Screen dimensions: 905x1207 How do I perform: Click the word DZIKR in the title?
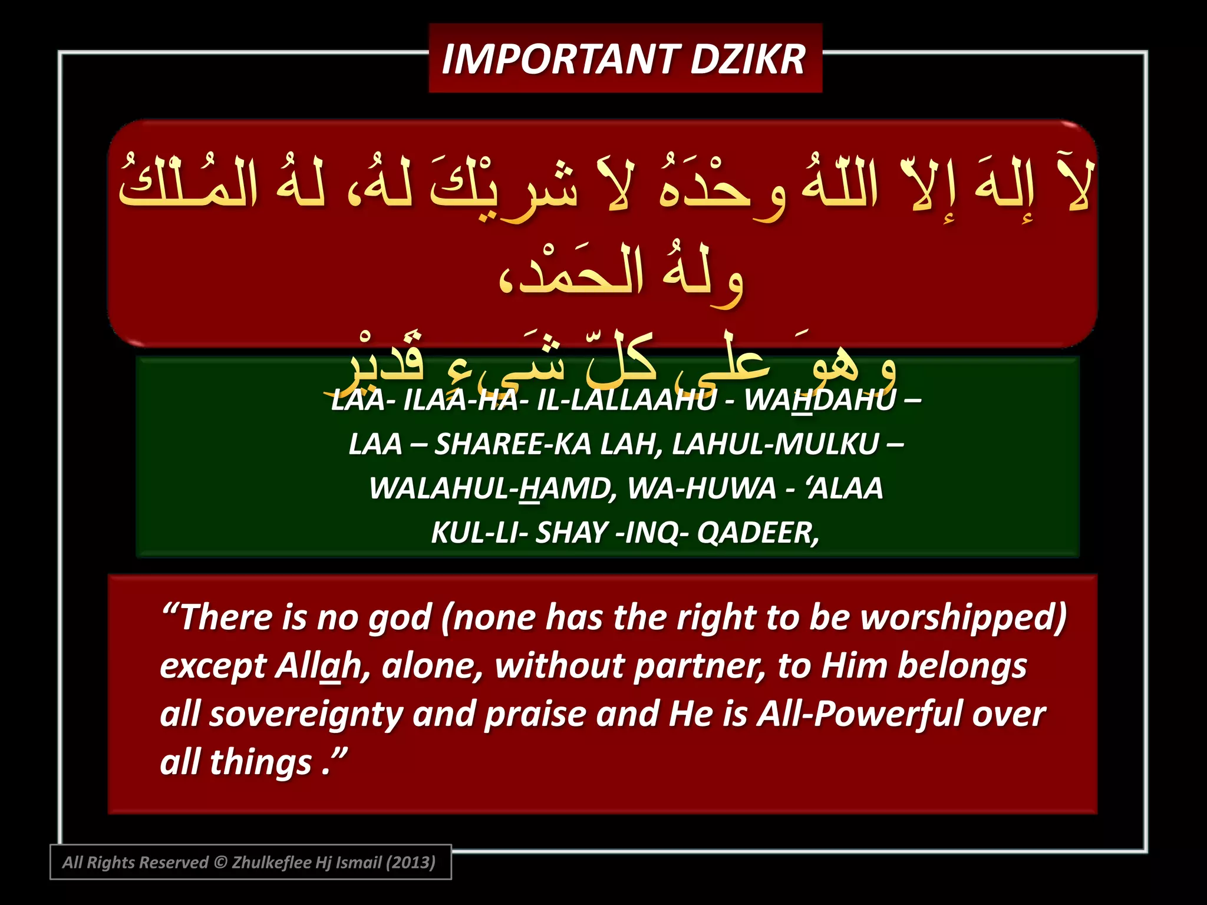click(747, 60)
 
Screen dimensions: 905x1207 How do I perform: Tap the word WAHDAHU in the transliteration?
click(819, 400)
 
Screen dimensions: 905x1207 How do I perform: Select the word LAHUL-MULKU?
click(775, 444)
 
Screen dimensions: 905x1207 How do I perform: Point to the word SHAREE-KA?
click(513, 444)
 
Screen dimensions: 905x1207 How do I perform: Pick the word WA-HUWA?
click(701, 488)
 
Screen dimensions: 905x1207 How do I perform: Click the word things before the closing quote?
click(260, 762)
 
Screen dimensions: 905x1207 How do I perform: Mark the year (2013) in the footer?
click(410, 862)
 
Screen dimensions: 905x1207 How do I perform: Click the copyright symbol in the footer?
click(220, 862)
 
